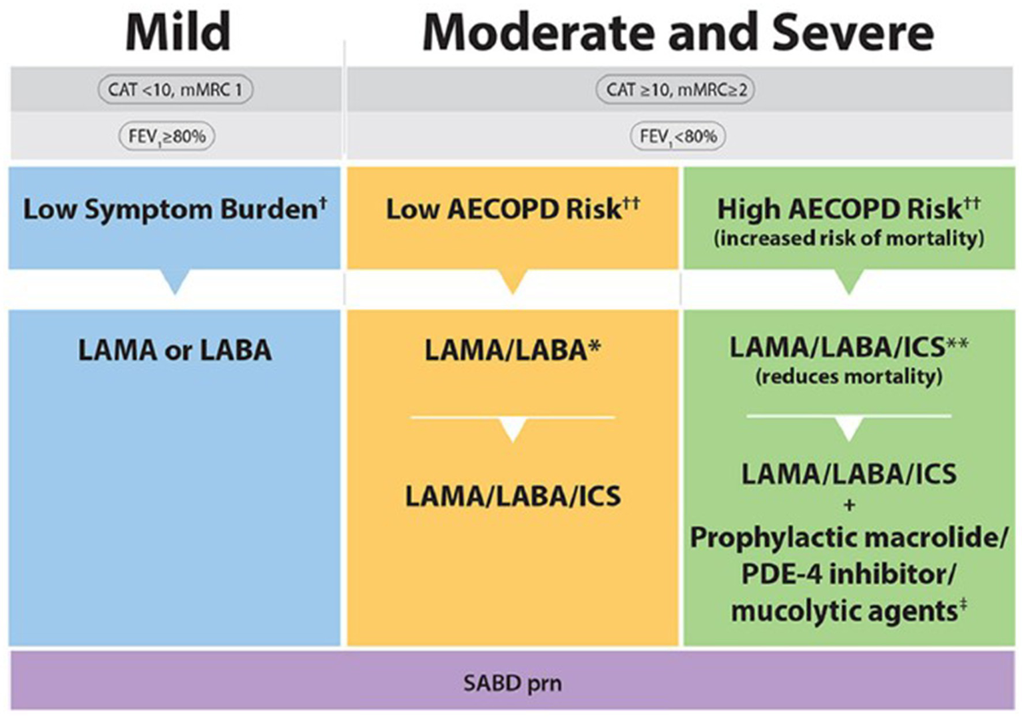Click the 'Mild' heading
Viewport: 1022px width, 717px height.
coord(178,32)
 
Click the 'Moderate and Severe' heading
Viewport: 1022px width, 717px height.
coord(678,32)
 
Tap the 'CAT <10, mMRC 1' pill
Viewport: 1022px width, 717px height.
coord(175,89)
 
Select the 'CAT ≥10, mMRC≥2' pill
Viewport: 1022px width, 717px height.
coord(676,89)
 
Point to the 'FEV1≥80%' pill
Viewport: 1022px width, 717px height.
coord(166,137)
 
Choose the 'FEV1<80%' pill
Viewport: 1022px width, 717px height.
coord(678,137)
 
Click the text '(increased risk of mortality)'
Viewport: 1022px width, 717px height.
coord(848,238)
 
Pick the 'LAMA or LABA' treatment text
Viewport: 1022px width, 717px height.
coord(174,351)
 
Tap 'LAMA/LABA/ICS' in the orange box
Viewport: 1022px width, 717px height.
coord(512,496)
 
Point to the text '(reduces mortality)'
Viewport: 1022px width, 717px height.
coord(848,376)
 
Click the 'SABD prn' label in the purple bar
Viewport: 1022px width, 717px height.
coord(512,683)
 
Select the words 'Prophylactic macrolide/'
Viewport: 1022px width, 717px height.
coord(848,538)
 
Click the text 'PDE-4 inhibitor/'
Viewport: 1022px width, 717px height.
coord(848,574)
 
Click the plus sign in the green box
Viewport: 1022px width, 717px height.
coord(849,505)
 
